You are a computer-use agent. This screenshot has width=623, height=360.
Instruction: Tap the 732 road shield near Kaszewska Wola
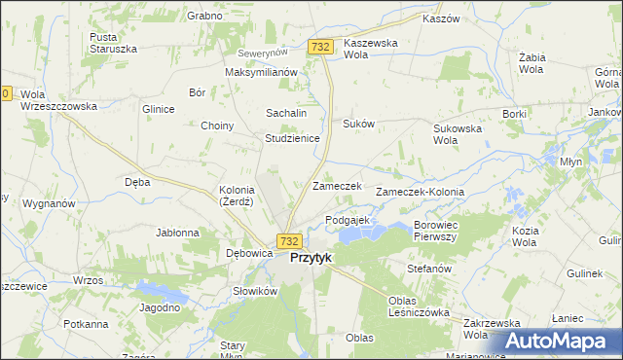(320, 47)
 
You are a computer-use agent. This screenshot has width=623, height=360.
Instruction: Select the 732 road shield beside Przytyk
(287, 240)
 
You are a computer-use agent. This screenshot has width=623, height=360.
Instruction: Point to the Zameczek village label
(337, 186)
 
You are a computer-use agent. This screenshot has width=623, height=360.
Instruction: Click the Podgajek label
(348, 220)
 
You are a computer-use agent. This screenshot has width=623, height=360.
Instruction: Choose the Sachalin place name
(286, 113)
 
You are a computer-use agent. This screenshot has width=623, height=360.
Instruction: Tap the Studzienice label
(292, 138)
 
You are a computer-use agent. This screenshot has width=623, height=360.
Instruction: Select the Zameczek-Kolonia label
(426, 193)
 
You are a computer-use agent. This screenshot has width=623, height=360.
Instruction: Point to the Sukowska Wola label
(458, 133)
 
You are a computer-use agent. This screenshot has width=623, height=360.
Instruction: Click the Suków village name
(358, 124)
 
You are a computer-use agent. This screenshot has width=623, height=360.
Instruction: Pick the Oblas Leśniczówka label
(417, 306)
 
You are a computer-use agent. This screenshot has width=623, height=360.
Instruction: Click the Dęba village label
(137, 181)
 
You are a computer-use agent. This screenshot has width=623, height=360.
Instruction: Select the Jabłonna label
(177, 233)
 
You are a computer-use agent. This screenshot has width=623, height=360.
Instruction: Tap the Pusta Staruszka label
(111, 43)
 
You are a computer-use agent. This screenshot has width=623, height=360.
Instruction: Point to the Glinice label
(158, 109)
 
